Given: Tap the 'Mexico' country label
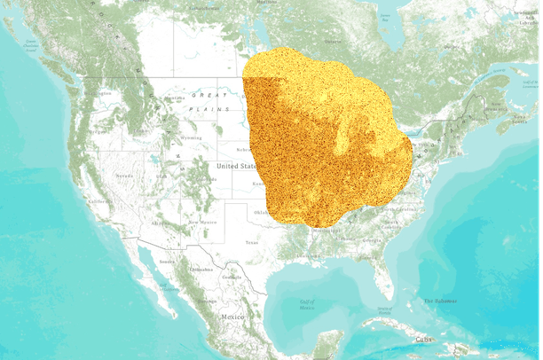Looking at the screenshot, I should click(232, 317).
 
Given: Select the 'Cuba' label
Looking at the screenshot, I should click(426, 338).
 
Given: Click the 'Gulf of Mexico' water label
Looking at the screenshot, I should click(306, 305).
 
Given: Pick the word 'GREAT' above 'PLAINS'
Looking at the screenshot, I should click(209, 95).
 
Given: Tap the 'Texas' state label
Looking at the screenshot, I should click(251, 242).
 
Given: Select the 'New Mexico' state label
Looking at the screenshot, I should click(202, 221).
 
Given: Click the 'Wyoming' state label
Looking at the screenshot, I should click(191, 138).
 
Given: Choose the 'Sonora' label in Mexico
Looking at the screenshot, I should click(166, 262).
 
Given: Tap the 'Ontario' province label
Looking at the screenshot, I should click(333, 42).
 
